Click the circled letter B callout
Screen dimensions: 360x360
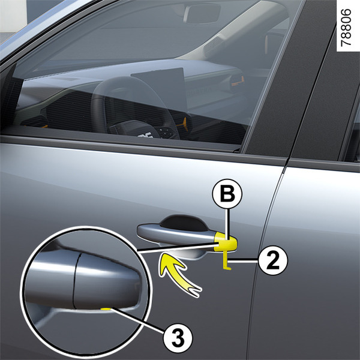tap(227, 194)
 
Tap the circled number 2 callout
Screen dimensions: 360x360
tap(273, 260)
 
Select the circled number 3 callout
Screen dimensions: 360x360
tap(178, 338)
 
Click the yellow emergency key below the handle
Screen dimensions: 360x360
tap(226, 260)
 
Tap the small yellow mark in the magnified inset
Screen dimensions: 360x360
tap(106, 309)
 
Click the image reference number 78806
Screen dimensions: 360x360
tap(346, 28)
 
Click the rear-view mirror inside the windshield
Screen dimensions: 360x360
tap(202, 13)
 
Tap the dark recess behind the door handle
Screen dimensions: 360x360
tap(184, 222)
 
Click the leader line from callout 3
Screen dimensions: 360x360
tap(138, 320)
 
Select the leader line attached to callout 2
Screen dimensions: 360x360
tap(244, 260)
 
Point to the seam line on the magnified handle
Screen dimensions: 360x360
tap(76, 281)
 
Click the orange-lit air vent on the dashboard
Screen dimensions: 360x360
tap(237, 81)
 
